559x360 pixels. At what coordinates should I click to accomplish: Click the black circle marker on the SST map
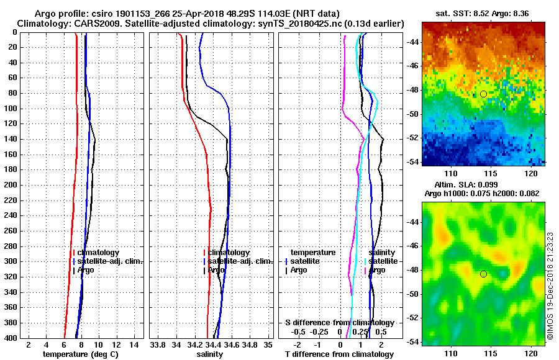[483, 94]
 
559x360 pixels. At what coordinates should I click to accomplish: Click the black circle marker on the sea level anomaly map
[483, 274]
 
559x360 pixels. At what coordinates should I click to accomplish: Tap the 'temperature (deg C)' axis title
[80, 354]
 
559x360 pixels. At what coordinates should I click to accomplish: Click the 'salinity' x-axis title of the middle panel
[209, 354]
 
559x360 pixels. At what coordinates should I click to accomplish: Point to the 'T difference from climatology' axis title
[339, 354]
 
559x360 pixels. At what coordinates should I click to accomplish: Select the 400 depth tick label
[11, 339]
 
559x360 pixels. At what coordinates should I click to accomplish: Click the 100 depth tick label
[11, 109]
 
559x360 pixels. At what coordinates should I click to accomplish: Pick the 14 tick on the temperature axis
[134, 344]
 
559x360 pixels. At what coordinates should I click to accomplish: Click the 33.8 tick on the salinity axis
[158, 344]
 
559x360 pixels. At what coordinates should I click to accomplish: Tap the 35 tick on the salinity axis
[268, 344]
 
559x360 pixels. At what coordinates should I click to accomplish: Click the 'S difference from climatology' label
[339, 323]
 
